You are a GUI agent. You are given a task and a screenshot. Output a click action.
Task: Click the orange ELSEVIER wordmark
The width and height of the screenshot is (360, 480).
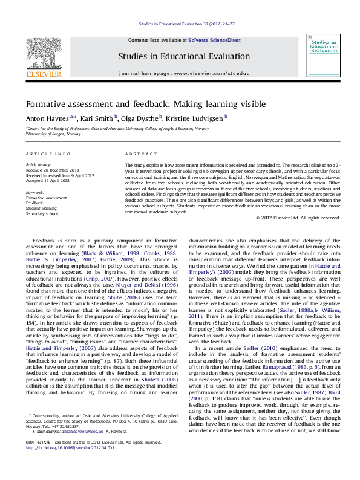42,75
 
